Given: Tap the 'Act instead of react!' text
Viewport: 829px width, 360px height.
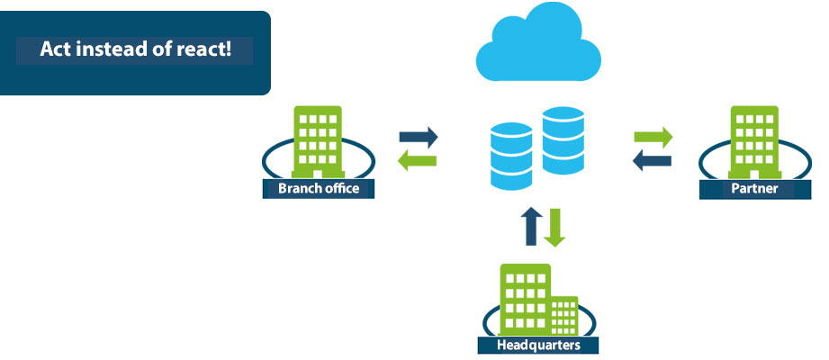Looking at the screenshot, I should [135, 49].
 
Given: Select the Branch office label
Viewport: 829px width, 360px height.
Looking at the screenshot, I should [319, 188].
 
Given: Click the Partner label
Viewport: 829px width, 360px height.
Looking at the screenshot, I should [754, 188].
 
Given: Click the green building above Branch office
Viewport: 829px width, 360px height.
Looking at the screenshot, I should [318, 140].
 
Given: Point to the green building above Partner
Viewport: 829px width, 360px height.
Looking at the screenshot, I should [753, 140].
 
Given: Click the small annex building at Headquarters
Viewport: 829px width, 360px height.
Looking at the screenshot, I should [564, 315].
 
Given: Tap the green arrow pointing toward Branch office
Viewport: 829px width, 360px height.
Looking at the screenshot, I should [418, 160].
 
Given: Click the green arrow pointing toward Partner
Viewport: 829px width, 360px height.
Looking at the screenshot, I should [653, 138].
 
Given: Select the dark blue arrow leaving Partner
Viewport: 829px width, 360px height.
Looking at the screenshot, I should [652, 160].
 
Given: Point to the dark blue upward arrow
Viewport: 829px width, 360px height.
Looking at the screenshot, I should [532, 226].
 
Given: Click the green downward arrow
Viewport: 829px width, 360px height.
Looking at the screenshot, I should [554, 227].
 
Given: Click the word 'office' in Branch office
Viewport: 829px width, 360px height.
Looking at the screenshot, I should [339, 188].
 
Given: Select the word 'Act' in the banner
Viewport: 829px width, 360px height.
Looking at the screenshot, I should [55, 49].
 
